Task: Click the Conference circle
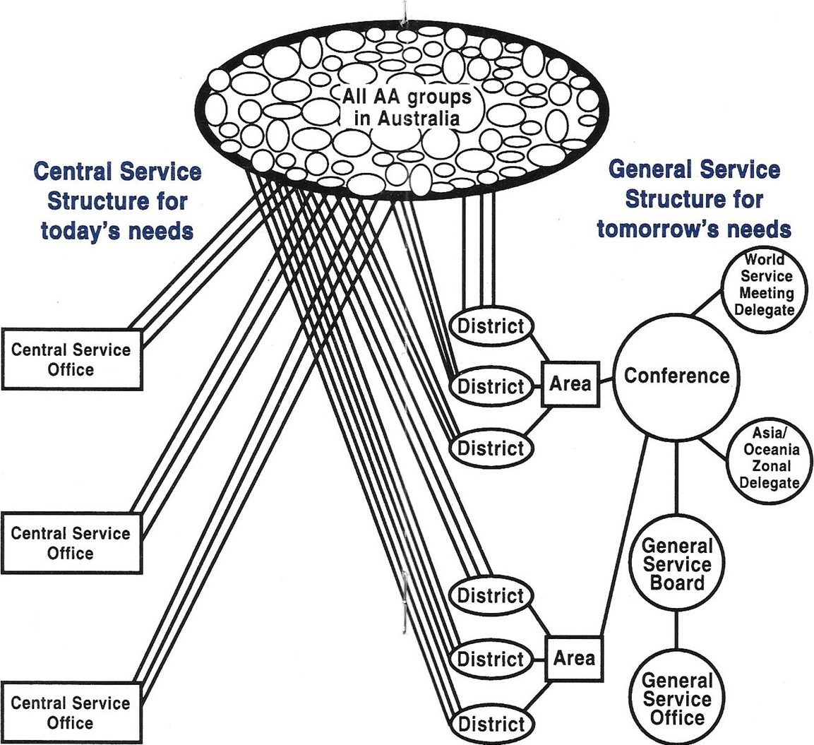(676, 376)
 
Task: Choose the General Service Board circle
(676, 564)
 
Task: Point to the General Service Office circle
(676, 699)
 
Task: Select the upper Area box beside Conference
(570, 385)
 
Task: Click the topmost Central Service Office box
(71, 359)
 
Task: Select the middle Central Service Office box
(71, 542)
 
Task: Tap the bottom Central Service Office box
(71, 713)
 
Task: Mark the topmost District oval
(491, 326)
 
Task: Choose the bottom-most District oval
(491, 723)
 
